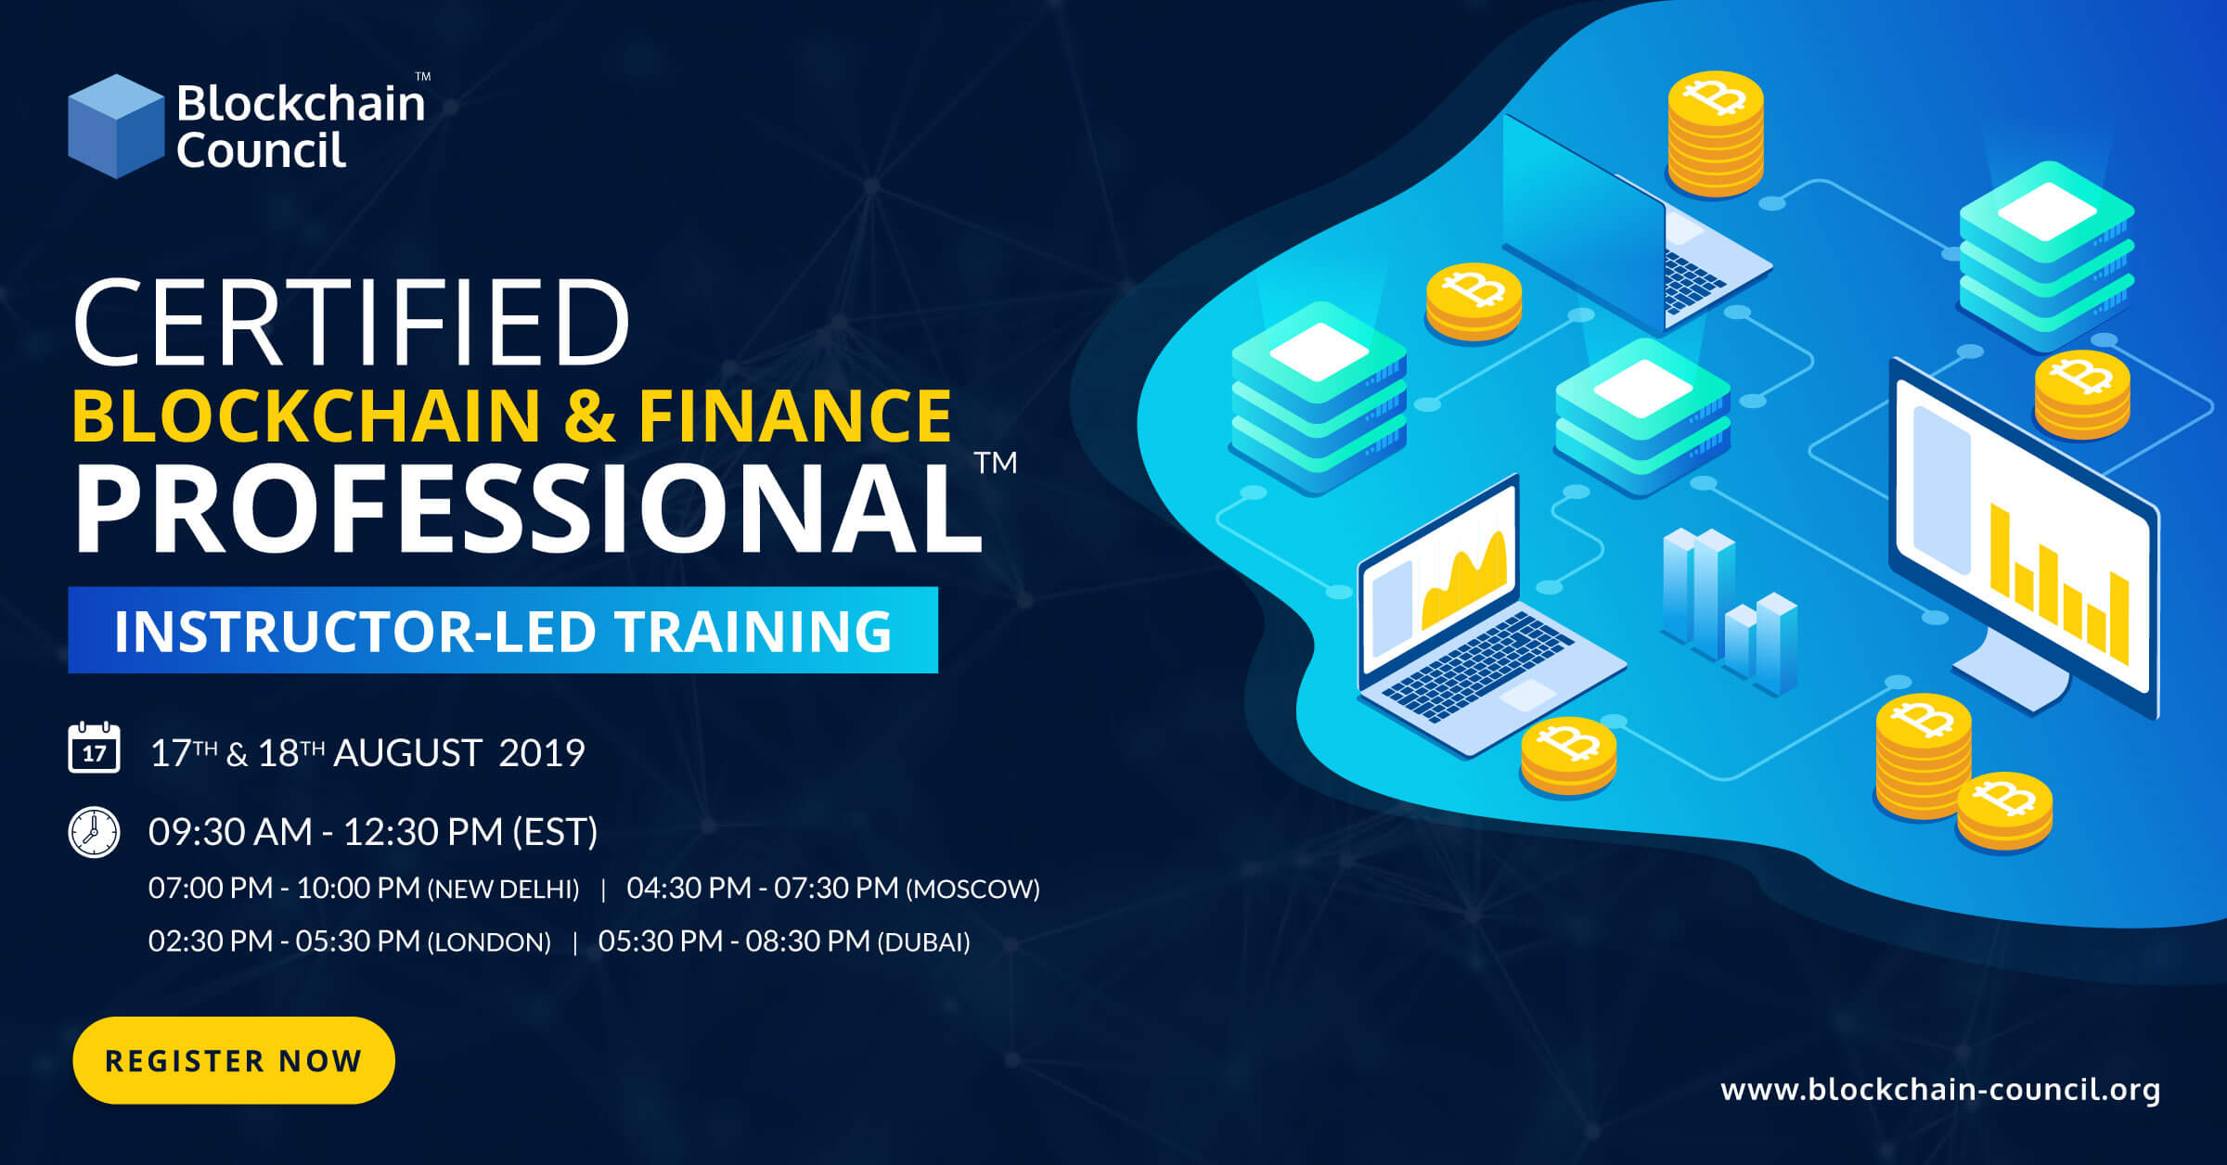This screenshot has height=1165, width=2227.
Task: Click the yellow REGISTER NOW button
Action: (233, 1060)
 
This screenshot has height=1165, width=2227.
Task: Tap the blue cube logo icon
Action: (116, 126)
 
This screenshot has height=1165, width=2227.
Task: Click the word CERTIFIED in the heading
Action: (351, 322)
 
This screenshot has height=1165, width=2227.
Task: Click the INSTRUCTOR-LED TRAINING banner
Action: (502, 630)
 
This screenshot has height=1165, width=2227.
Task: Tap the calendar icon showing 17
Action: (94, 748)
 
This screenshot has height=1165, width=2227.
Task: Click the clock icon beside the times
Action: (94, 832)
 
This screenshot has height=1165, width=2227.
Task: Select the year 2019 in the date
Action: (541, 753)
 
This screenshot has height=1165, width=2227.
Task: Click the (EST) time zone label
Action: (555, 832)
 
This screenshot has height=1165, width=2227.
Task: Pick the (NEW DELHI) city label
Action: (503, 890)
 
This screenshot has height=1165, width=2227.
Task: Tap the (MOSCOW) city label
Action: (972, 890)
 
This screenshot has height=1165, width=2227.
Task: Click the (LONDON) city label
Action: (488, 942)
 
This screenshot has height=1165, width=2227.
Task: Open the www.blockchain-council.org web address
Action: (1939, 1089)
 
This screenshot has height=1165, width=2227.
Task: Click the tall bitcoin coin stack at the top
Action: (1715, 134)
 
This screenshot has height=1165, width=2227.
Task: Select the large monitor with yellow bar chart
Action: (2023, 538)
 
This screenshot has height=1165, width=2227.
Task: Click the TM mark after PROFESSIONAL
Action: (996, 462)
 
